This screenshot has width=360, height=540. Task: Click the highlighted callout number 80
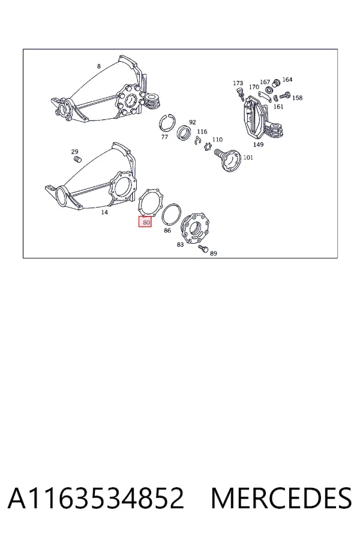coord(145,222)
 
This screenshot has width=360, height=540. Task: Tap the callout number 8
coord(99,66)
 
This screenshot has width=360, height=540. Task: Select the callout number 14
coord(104,212)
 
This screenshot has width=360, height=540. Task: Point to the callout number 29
coord(75,152)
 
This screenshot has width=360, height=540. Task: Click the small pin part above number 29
coord(78,160)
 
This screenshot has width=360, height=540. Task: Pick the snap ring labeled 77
coord(168,123)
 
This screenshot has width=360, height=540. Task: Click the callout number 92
coord(192,122)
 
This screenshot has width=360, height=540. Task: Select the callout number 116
coord(202,131)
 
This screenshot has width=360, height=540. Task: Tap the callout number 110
coord(217,139)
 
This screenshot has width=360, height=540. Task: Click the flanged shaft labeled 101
coord(228,160)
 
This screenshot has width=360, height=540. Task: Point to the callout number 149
coord(258,145)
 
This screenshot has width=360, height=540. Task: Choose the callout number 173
coord(238,83)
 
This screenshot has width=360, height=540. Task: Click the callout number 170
coord(254,87)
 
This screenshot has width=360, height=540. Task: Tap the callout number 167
coord(265,82)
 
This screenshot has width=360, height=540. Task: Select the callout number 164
coord(287,80)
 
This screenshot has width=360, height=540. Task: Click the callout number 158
coord(298,98)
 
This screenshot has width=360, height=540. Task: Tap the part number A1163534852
coord(96,498)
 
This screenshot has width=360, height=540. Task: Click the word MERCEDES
coord(281,498)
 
